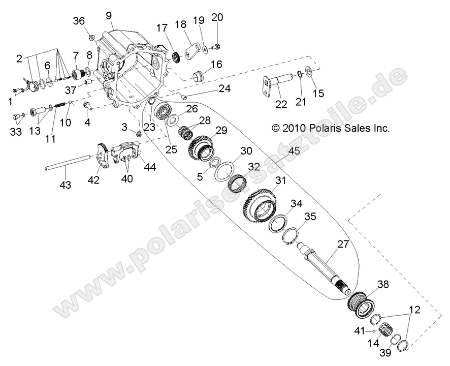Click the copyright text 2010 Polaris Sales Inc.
[x=331, y=129]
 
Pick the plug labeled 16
[x=197, y=77]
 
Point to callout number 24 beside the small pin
[x=224, y=88]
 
